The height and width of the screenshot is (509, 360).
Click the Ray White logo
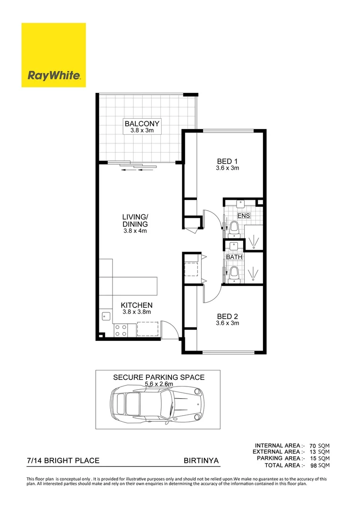pyautogui.click(x=53, y=55)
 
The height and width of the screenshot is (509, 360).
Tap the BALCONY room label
pyautogui.click(x=142, y=124)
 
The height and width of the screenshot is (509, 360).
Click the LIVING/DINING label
pyautogui.click(x=135, y=221)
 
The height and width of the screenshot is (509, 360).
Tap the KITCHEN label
pyautogui.click(x=136, y=305)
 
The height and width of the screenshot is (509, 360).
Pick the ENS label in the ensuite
pyautogui.click(x=243, y=215)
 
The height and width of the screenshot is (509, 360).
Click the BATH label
pyautogui.click(x=234, y=257)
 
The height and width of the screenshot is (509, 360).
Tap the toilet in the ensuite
pyautogui.click(x=234, y=230)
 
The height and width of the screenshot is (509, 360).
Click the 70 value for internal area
pyautogui.click(x=312, y=445)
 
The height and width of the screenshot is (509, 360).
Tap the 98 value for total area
pyautogui.click(x=312, y=465)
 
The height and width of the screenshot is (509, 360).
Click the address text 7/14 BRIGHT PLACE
pyautogui.click(x=63, y=460)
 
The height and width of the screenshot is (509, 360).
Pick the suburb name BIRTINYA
pyautogui.click(x=201, y=460)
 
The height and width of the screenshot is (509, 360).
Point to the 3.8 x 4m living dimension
pyautogui.click(x=135, y=231)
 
